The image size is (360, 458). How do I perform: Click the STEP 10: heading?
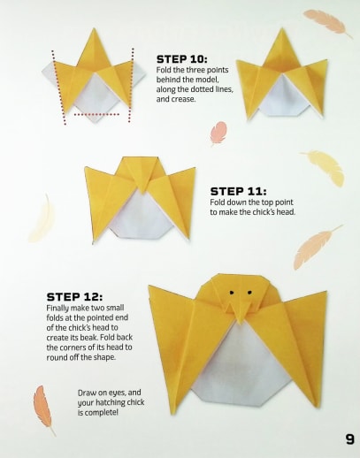[182, 59]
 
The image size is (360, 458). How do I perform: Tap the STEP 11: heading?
[238, 192]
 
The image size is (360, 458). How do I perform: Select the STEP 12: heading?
[74, 297]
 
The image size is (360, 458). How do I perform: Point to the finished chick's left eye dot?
[232, 293]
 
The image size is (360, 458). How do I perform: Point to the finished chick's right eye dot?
[249, 293]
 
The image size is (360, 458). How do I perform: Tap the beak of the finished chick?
[240, 312]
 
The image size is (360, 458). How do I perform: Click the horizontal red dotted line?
[96, 114]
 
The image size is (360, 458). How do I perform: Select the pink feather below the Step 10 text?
[218, 134]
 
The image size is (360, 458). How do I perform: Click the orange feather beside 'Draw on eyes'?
[43, 409]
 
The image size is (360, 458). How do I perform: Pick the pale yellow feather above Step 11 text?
[326, 167]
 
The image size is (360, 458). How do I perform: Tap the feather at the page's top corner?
[328, 23]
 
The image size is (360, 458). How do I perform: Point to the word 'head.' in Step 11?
[286, 212]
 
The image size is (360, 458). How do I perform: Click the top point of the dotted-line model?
[94, 28]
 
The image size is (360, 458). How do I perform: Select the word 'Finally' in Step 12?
[57, 309]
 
